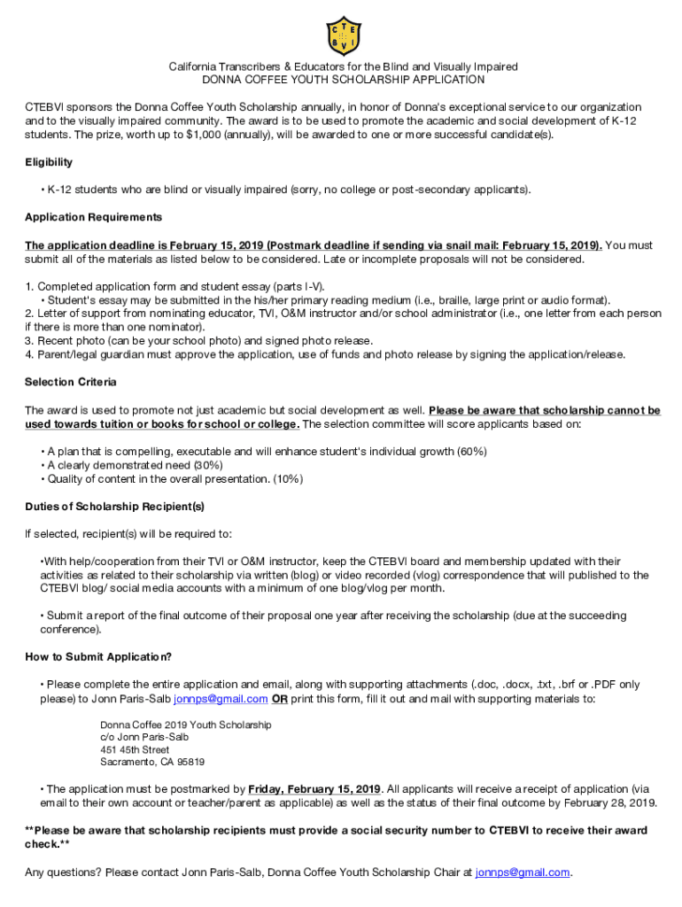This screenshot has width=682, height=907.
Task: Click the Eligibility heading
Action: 49,162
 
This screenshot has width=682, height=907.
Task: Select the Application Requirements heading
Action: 93,217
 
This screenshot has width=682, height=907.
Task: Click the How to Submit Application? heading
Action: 98,656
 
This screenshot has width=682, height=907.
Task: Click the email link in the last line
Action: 522,872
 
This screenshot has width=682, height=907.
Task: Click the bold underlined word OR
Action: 279,698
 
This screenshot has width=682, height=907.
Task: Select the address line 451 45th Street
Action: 135,749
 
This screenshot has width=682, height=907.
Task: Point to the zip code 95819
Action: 190,762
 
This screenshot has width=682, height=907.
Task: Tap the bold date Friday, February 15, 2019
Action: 314,789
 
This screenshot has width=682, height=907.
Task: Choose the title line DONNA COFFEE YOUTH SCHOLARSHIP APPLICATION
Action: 344,80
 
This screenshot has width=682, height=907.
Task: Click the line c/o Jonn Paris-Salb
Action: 144,737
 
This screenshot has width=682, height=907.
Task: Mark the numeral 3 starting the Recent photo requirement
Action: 28,340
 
